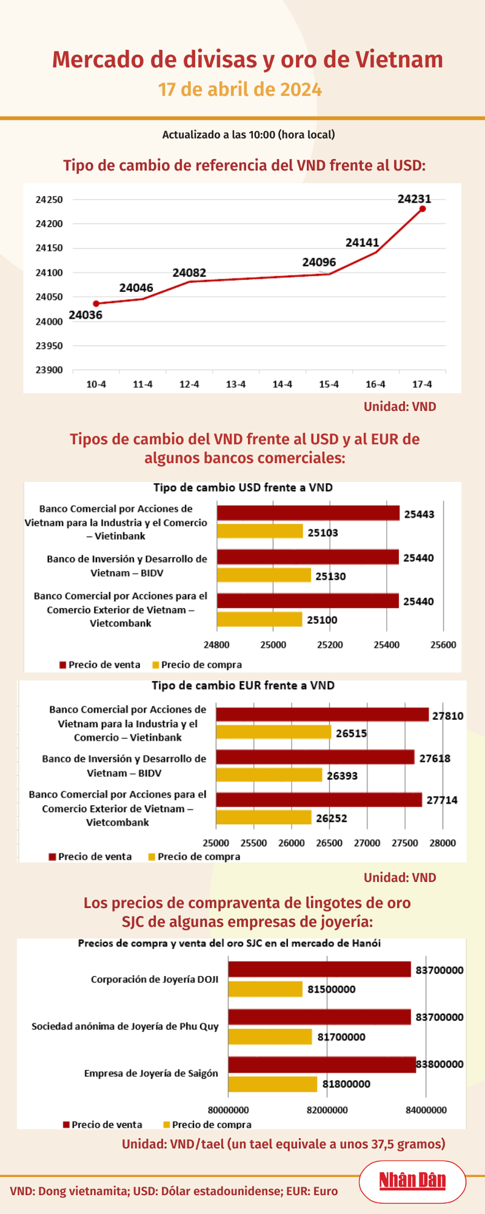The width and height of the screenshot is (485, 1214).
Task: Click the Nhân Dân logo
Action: tap(412, 1180)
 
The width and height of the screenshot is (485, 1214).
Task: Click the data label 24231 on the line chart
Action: tap(414, 199)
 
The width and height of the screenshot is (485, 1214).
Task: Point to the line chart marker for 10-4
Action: tap(96, 304)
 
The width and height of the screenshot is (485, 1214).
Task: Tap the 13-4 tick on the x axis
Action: tap(236, 385)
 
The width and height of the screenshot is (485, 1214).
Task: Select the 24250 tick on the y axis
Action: tap(49, 200)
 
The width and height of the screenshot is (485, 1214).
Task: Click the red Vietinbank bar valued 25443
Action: tap(308, 513)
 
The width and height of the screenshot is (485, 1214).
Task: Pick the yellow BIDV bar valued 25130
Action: tap(264, 575)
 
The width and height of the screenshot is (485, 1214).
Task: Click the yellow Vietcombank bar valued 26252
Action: tap(263, 817)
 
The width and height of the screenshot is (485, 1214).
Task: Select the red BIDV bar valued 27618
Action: tap(315, 757)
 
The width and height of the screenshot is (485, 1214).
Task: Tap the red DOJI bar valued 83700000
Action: tap(319, 969)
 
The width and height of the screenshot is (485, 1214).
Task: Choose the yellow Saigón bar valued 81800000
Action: tap(273, 1084)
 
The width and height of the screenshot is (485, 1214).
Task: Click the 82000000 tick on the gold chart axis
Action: tap(327, 1110)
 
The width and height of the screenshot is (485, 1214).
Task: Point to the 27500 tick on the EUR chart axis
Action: tap(405, 843)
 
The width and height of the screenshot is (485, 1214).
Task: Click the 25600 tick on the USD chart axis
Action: tap(443, 645)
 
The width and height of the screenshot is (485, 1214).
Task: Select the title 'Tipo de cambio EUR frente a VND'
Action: tap(243, 685)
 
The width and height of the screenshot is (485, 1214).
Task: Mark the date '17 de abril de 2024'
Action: tap(240, 90)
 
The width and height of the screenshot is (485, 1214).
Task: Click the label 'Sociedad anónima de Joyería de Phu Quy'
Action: tap(125, 1026)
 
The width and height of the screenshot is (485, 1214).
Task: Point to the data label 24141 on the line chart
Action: tap(362, 243)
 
